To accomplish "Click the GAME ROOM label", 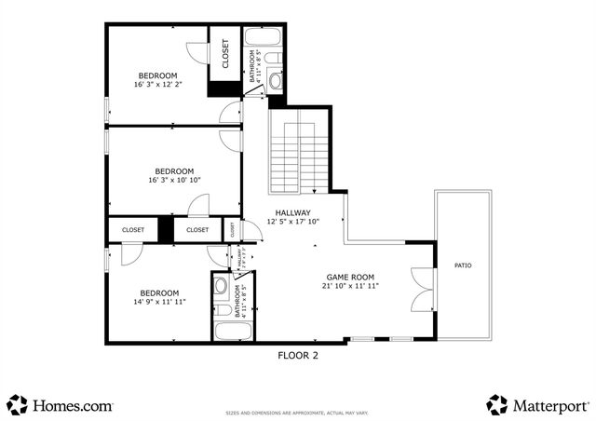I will [x=350, y=278].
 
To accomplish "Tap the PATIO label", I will [x=462, y=265].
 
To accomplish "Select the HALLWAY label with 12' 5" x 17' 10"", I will [x=292, y=212].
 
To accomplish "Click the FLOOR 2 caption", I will [x=298, y=355].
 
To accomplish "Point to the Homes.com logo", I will [x=61, y=405].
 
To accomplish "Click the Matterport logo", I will [x=537, y=405].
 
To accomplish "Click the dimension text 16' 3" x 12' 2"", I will [x=157, y=85].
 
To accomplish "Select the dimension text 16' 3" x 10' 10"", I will [x=173, y=180].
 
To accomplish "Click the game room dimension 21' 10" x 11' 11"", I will [x=350, y=287].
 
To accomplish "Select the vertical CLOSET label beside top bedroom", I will [x=225, y=53].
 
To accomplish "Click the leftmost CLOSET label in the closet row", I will [x=132, y=229].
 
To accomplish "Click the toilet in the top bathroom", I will [x=272, y=60].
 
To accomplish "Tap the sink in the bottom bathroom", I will [x=222, y=284].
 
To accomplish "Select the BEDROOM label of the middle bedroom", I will [x=173, y=170].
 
